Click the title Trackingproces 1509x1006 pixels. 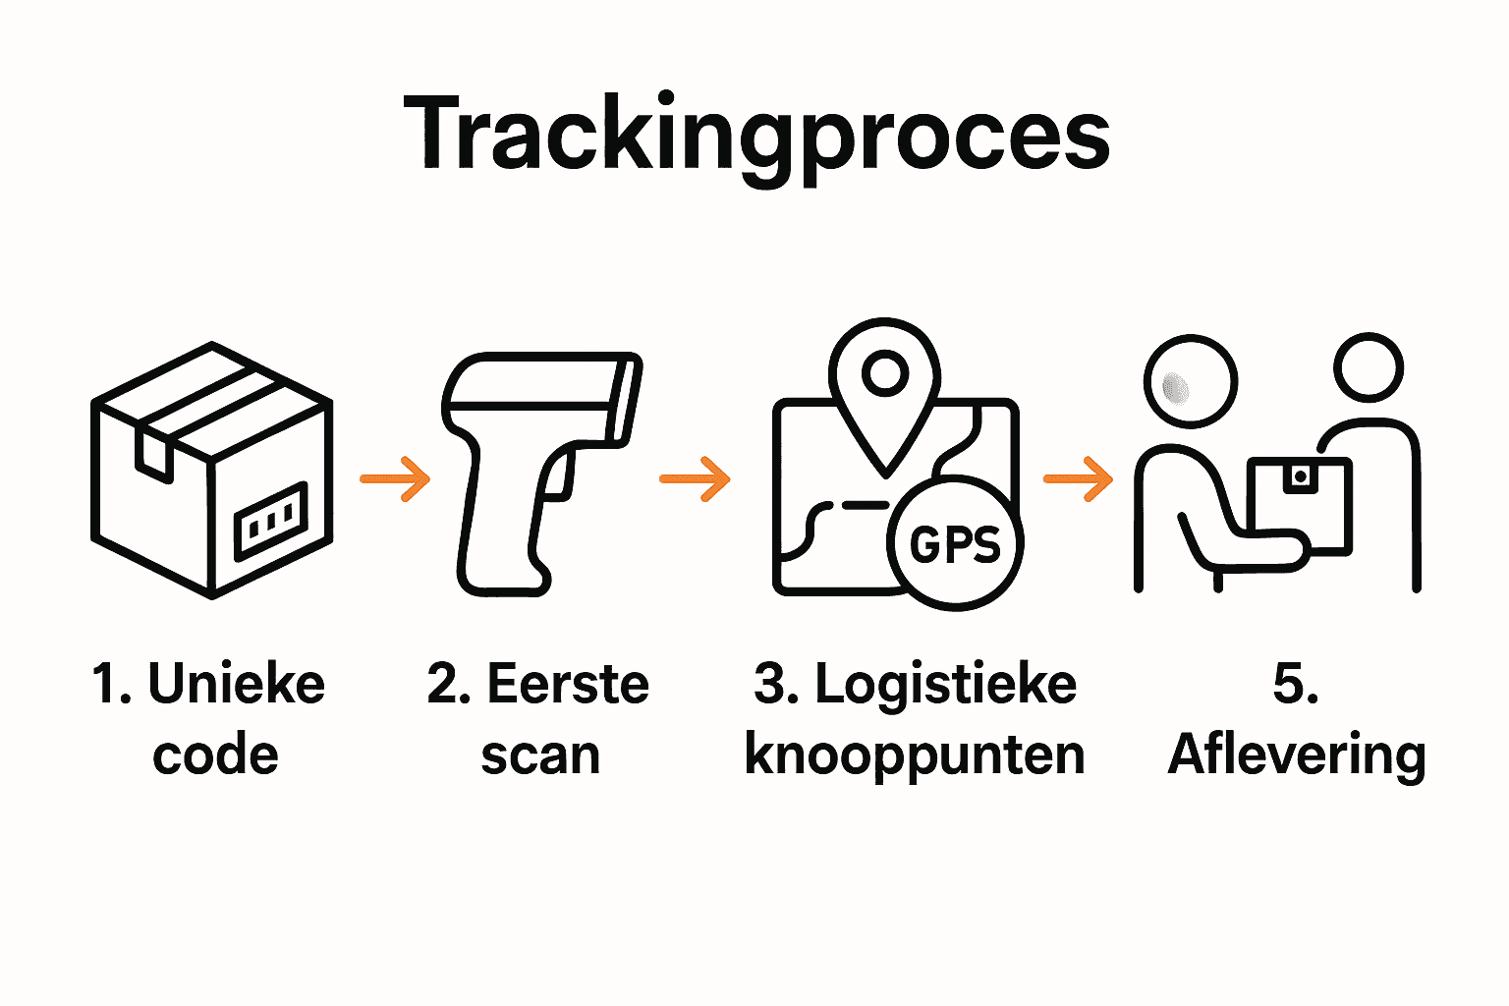(x=756, y=133)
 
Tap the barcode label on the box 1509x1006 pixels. (x=270, y=521)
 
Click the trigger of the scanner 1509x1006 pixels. (x=557, y=476)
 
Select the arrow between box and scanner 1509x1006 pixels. (x=396, y=479)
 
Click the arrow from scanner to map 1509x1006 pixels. (x=696, y=479)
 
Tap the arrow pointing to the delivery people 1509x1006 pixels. (x=1078, y=479)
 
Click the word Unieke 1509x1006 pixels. (x=237, y=684)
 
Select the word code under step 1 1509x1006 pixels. (x=215, y=755)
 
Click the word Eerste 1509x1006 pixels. (x=568, y=684)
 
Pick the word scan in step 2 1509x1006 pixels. (x=540, y=755)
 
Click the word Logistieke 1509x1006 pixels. (x=945, y=686)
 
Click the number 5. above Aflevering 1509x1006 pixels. (x=1295, y=684)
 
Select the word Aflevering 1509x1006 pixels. (x=1297, y=755)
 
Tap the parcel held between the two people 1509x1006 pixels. (x=1300, y=501)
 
